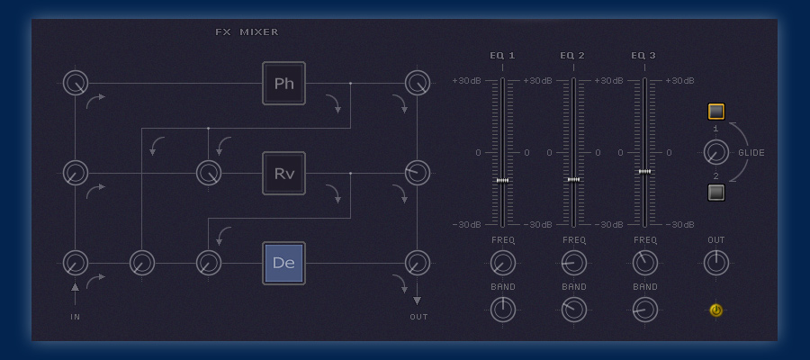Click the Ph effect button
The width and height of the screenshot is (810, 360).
(x=283, y=84)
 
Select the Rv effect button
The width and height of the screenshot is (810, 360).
(x=283, y=173)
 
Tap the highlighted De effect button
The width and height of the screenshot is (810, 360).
(x=283, y=263)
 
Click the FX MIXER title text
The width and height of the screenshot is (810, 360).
(x=247, y=32)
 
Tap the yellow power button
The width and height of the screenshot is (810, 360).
(x=715, y=310)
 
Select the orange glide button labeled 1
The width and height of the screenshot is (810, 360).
(x=715, y=112)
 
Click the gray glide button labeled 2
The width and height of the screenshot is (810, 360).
(x=715, y=192)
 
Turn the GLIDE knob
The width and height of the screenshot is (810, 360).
(x=715, y=152)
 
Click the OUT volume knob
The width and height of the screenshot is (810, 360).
(x=715, y=263)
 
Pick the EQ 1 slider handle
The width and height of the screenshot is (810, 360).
(x=502, y=181)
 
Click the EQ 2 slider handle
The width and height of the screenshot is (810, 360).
(x=573, y=179)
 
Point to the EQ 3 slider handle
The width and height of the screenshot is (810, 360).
(x=644, y=171)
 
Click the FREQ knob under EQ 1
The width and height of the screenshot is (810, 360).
(x=503, y=263)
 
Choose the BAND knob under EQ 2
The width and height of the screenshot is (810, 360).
(x=573, y=310)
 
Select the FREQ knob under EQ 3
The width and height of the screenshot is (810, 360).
(x=644, y=263)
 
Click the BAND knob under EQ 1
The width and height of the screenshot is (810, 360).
(x=503, y=310)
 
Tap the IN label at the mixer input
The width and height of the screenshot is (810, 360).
(x=76, y=317)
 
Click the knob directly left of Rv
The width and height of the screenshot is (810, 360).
(x=208, y=173)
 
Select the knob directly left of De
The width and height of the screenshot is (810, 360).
(x=208, y=263)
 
